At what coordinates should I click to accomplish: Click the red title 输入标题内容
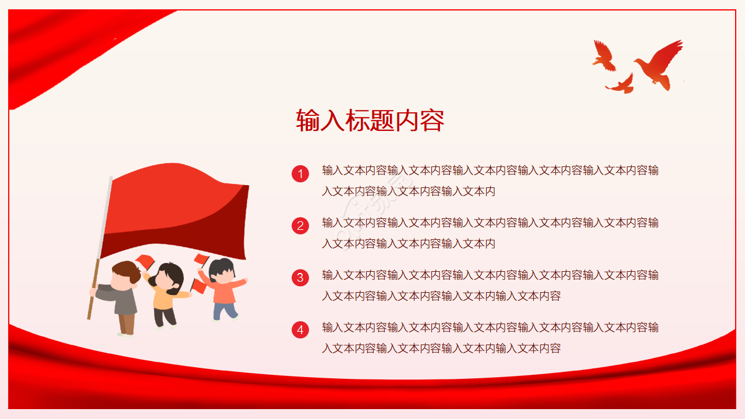[x=370, y=120]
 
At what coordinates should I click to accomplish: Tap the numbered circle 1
[x=300, y=174]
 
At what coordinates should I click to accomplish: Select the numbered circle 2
[x=300, y=226]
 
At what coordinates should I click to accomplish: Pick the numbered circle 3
[x=300, y=278]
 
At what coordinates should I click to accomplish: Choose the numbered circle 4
[x=300, y=330]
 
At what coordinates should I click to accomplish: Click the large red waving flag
[x=175, y=211]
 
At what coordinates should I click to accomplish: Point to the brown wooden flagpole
[x=94, y=289]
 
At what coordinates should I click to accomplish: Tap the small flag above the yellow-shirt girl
[x=146, y=261]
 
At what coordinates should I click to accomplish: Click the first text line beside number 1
[x=490, y=171]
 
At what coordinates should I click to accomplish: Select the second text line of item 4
[x=441, y=349]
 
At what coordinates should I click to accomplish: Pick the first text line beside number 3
[x=490, y=275]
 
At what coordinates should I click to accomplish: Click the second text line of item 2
[x=409, y=244]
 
